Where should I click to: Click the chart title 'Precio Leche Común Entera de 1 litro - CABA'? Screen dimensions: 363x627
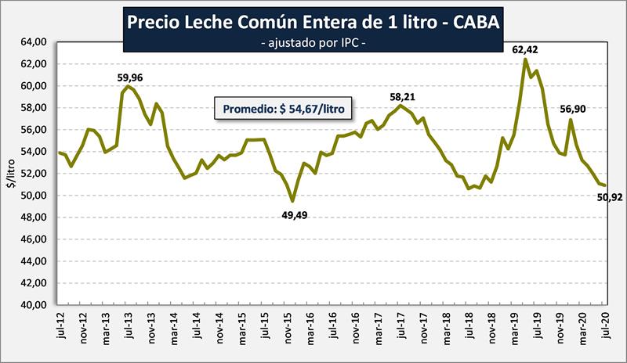pyautogui.click(x=313, y=22)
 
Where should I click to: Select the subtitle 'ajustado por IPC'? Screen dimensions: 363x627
pyautogui.click(x=313, y=45)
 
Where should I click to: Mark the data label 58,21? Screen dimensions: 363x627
pyautogui.click(x=401, y=96)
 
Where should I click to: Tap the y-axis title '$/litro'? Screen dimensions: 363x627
pyautogui.click(x=11, y=174)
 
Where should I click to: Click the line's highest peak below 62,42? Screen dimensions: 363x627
pyautogui.click(x=525, y=59)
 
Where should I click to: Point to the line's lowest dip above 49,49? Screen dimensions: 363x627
pyautogui.click(x=292, y=201)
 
